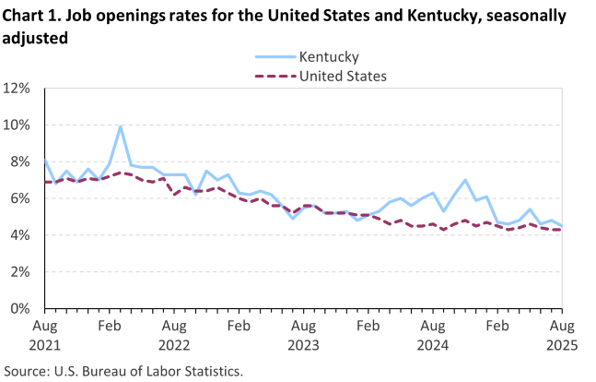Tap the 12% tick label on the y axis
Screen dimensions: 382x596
click(16, 89)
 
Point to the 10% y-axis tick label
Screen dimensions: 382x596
click(16, 125)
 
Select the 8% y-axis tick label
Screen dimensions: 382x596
click(19, 161)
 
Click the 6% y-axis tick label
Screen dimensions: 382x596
click(19, 198)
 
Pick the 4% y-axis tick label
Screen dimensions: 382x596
click(19, 235)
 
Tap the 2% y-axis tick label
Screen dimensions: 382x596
click(19, 272)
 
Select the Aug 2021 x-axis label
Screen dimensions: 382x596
click(44, 335)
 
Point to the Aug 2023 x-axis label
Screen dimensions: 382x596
click(303, 335)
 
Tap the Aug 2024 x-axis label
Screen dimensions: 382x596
click(433, 335)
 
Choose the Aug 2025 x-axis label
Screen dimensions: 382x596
click(562, 335)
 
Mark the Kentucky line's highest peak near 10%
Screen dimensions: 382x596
click(120, 126)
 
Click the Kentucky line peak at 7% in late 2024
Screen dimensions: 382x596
click(465, 180)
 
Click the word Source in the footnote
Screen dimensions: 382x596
click(27, 371)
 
